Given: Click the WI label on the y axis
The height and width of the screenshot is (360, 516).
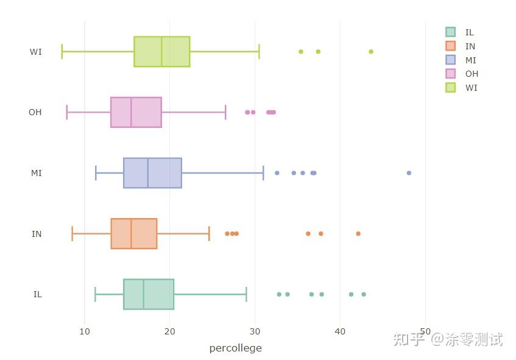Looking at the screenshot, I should [36, 52].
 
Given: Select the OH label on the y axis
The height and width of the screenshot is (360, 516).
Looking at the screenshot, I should [35, 112].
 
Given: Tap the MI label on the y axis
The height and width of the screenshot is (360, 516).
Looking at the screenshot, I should [37, 173].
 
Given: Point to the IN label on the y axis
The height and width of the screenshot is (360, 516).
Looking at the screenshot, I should [37, 234].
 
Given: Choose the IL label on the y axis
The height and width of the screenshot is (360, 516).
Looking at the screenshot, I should [38, 294].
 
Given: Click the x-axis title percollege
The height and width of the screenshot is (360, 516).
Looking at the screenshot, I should [235, 348].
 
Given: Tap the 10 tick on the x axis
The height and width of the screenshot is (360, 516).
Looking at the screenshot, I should [85, 331].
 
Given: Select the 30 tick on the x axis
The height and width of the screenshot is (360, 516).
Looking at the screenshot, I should [255, 331].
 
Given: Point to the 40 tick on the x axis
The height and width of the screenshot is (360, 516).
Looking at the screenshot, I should [340, 331].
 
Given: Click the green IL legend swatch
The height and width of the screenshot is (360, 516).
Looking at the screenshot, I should [451, 32].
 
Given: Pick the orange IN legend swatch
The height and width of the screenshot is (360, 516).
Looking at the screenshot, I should [451, 46].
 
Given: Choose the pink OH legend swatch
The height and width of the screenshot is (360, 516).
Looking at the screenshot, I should [451, 74].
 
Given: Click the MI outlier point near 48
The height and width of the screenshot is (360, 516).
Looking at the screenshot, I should [409, 173].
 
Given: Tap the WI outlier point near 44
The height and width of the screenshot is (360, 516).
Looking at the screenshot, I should [371, 52].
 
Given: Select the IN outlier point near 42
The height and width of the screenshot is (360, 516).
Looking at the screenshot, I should [358, 234].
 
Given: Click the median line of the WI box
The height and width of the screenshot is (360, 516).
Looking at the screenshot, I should [162, 52].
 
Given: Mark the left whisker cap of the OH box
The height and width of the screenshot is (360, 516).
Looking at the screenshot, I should [67, 112].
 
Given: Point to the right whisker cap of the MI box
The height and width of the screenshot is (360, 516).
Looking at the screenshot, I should [263, 173].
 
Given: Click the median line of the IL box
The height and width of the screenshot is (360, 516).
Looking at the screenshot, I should [144, 294].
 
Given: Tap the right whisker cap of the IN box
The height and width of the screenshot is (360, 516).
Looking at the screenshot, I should [209, 234].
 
